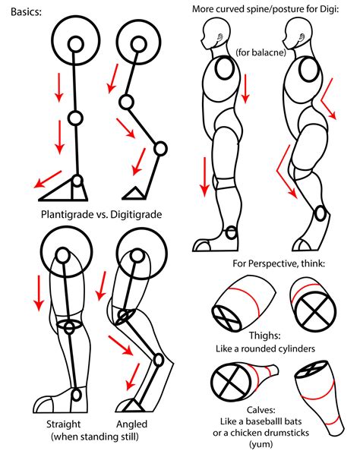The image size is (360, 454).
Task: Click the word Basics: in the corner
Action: (26, 12)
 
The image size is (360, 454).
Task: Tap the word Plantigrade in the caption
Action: (65, 215)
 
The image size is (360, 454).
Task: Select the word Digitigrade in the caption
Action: (136, 215)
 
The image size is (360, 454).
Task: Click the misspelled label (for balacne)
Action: (261, 52)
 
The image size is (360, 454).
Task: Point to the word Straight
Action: (64, 424)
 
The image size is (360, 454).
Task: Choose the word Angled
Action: (132, 424)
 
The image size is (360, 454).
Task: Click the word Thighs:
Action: (265, 336)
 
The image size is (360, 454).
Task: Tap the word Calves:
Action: (261, 410)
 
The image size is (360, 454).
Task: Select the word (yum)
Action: (261, 444)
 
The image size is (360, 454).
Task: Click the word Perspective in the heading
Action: (273, 263)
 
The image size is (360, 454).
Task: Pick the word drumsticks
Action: (286, 433)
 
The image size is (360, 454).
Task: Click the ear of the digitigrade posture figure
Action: (302, 38)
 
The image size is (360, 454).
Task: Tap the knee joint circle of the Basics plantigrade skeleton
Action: (75, 118)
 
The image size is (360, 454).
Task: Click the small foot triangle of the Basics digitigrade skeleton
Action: (134, 194)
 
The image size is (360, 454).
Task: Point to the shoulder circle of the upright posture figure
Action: (225, 68)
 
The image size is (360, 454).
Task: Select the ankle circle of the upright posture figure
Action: (231, 232)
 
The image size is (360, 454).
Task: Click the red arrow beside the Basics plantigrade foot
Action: (48, 179)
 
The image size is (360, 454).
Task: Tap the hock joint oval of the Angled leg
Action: (159, 360)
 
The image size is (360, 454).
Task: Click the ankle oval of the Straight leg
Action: (77, 396)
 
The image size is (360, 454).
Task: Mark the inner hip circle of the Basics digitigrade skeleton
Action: (138, 45)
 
